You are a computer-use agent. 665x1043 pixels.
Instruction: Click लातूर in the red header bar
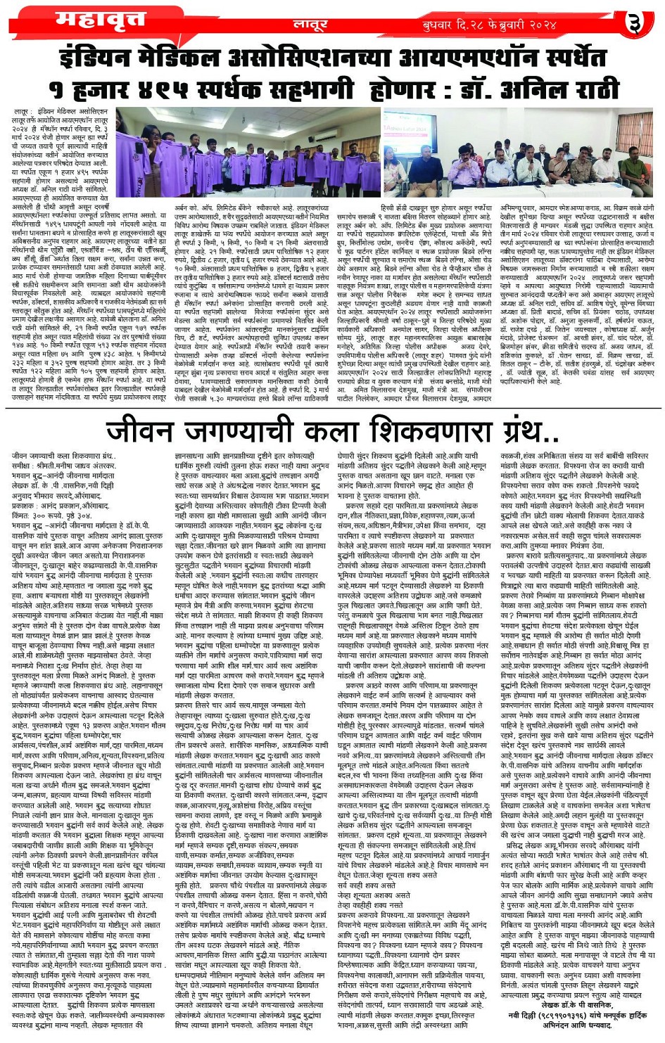tap(310, 25)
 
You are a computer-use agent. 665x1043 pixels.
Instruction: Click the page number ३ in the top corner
tap(635, 24)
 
